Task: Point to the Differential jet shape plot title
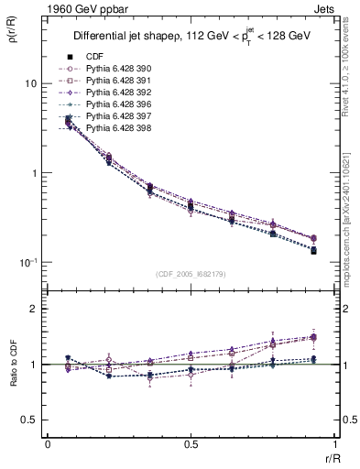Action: [x=192, y=36]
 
